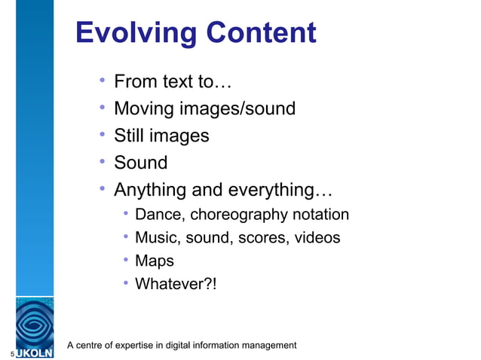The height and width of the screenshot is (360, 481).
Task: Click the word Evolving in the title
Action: point(135,33)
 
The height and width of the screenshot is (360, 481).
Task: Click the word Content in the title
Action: point(261,33)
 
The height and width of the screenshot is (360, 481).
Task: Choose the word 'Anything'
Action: point(152,190)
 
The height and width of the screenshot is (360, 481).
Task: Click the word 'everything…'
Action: point(283,190)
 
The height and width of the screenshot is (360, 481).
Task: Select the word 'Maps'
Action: point(154,261)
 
